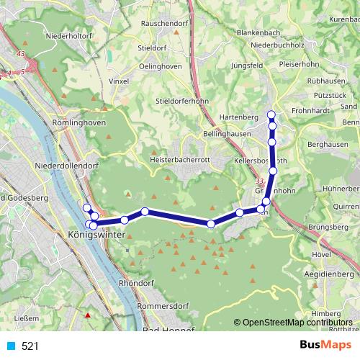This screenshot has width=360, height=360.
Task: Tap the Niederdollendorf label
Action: [x=66, y=166]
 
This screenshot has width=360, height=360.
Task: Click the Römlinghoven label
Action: [x=79, y=123]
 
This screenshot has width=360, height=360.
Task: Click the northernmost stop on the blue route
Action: [x=271, y=114]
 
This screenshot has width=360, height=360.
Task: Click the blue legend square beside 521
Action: [x=10, y=346]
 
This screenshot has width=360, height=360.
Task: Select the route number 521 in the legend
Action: [x=30, y=346]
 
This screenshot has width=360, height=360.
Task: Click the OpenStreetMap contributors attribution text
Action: [x=297, y=323]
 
